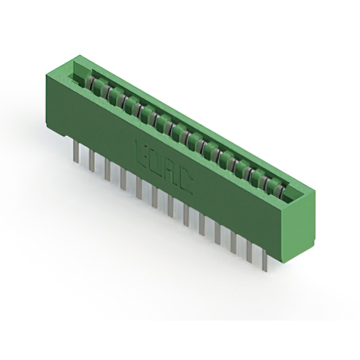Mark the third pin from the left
[107, 169]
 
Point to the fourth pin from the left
[123, 179]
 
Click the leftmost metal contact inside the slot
[89, 83]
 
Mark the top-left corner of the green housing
[45, 75]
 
